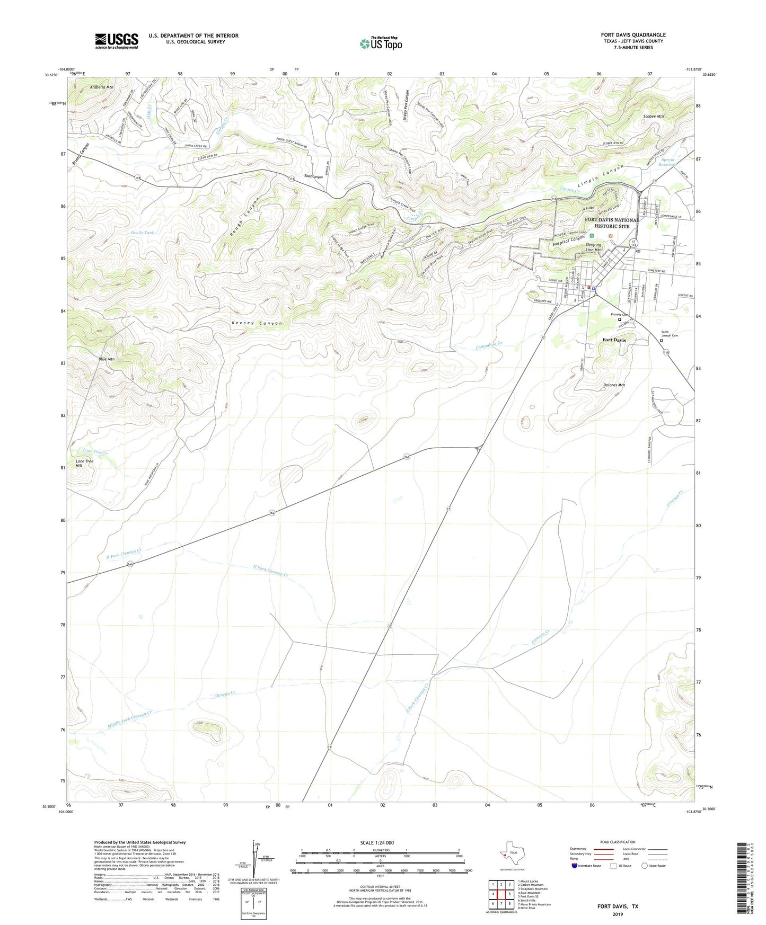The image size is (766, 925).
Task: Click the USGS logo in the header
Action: tap(117, 41)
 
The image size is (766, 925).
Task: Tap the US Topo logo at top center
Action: tap(381, 43)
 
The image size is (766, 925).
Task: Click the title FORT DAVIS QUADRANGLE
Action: tap(633, 34)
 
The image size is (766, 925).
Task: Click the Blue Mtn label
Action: tap(107, 359)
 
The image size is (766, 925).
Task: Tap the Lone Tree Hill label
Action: tap(84, 463)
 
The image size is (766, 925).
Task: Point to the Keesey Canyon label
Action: tap(257, 323)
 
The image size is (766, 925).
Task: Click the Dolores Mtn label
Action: tap(614, 385)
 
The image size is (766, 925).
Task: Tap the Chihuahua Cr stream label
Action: tap(488, 344)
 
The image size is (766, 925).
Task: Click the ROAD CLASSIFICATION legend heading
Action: tap(618, 842)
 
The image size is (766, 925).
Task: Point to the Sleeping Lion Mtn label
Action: tap(593, 247)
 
